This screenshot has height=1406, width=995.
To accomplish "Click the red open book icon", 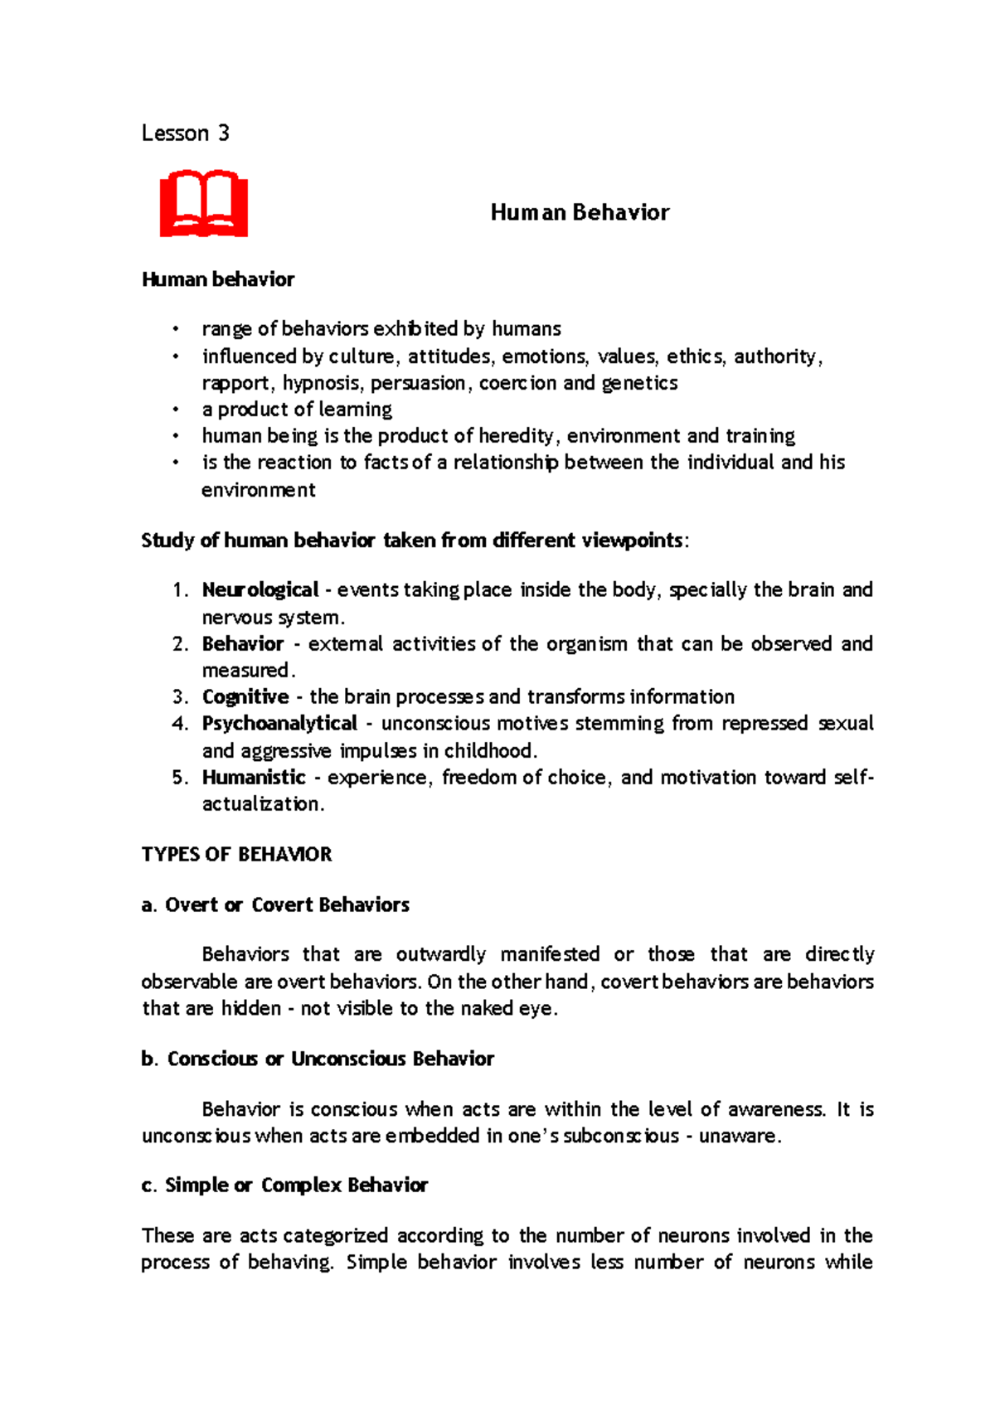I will point(204,204).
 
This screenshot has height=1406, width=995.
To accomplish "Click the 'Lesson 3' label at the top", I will point(185,133).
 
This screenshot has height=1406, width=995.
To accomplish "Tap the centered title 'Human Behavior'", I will point(580,213).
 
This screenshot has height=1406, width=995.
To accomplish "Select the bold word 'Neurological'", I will point(260,590).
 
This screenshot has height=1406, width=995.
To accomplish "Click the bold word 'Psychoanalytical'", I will point(279,724).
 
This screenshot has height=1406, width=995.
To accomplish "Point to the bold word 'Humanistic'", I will point(254,778).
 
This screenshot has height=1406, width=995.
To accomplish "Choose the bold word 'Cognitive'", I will point(245,697).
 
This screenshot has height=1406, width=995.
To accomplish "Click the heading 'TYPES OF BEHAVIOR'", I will point(236,855).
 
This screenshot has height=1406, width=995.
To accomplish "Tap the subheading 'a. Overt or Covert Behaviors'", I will point(275,905).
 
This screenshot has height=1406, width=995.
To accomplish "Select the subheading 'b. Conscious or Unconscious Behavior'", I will point(318,1059).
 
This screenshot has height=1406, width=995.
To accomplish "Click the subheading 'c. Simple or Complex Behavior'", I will point(284,1185).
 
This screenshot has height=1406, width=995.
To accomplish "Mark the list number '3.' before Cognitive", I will point(181,697).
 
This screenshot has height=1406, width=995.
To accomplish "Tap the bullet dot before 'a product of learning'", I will point(175,410).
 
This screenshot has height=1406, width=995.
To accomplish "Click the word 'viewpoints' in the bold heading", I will point(631,541).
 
